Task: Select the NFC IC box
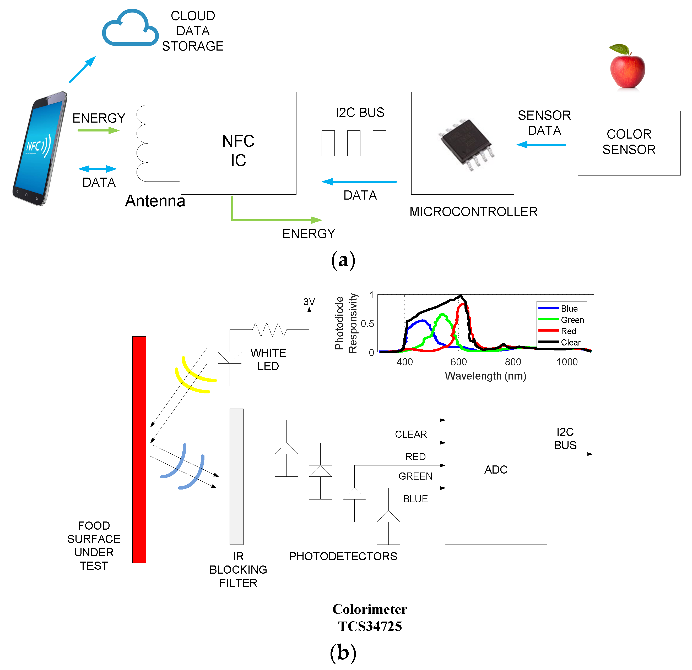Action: click(x=238, y=143)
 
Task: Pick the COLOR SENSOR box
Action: click(x=629, y=143)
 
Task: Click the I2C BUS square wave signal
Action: click(x=354, y=143)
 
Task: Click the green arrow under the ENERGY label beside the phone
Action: click(x=98, y=130)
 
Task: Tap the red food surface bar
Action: click(x=139, y=449)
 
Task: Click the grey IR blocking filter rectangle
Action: click(x=236, y=476)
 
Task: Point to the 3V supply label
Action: click(x=309, y=302)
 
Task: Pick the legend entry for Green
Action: click(x=572, y=320)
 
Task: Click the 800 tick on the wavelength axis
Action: click(x=513, y=362)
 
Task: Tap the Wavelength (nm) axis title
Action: click(x=485, y=376)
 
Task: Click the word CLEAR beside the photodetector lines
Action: click(x=410, y=434)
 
